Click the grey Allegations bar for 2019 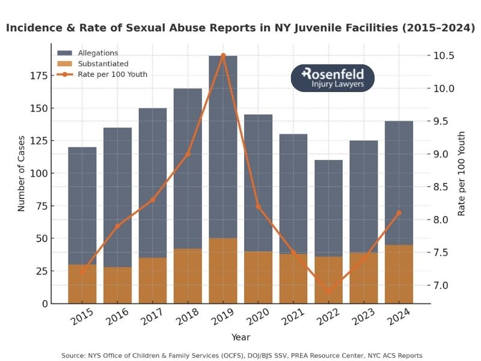click(x=223, y=144)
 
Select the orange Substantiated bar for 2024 click(x=399, y=274)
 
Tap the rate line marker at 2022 click(x=328, y=292)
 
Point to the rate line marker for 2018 click(x=188, y=153)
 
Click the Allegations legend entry click(x=97, y=53)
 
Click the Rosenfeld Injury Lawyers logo click(x=332, y=78)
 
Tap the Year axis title click(x=240, y=337)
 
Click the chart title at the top click(x=240, y=28)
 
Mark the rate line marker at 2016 click(x=117, y=226)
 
